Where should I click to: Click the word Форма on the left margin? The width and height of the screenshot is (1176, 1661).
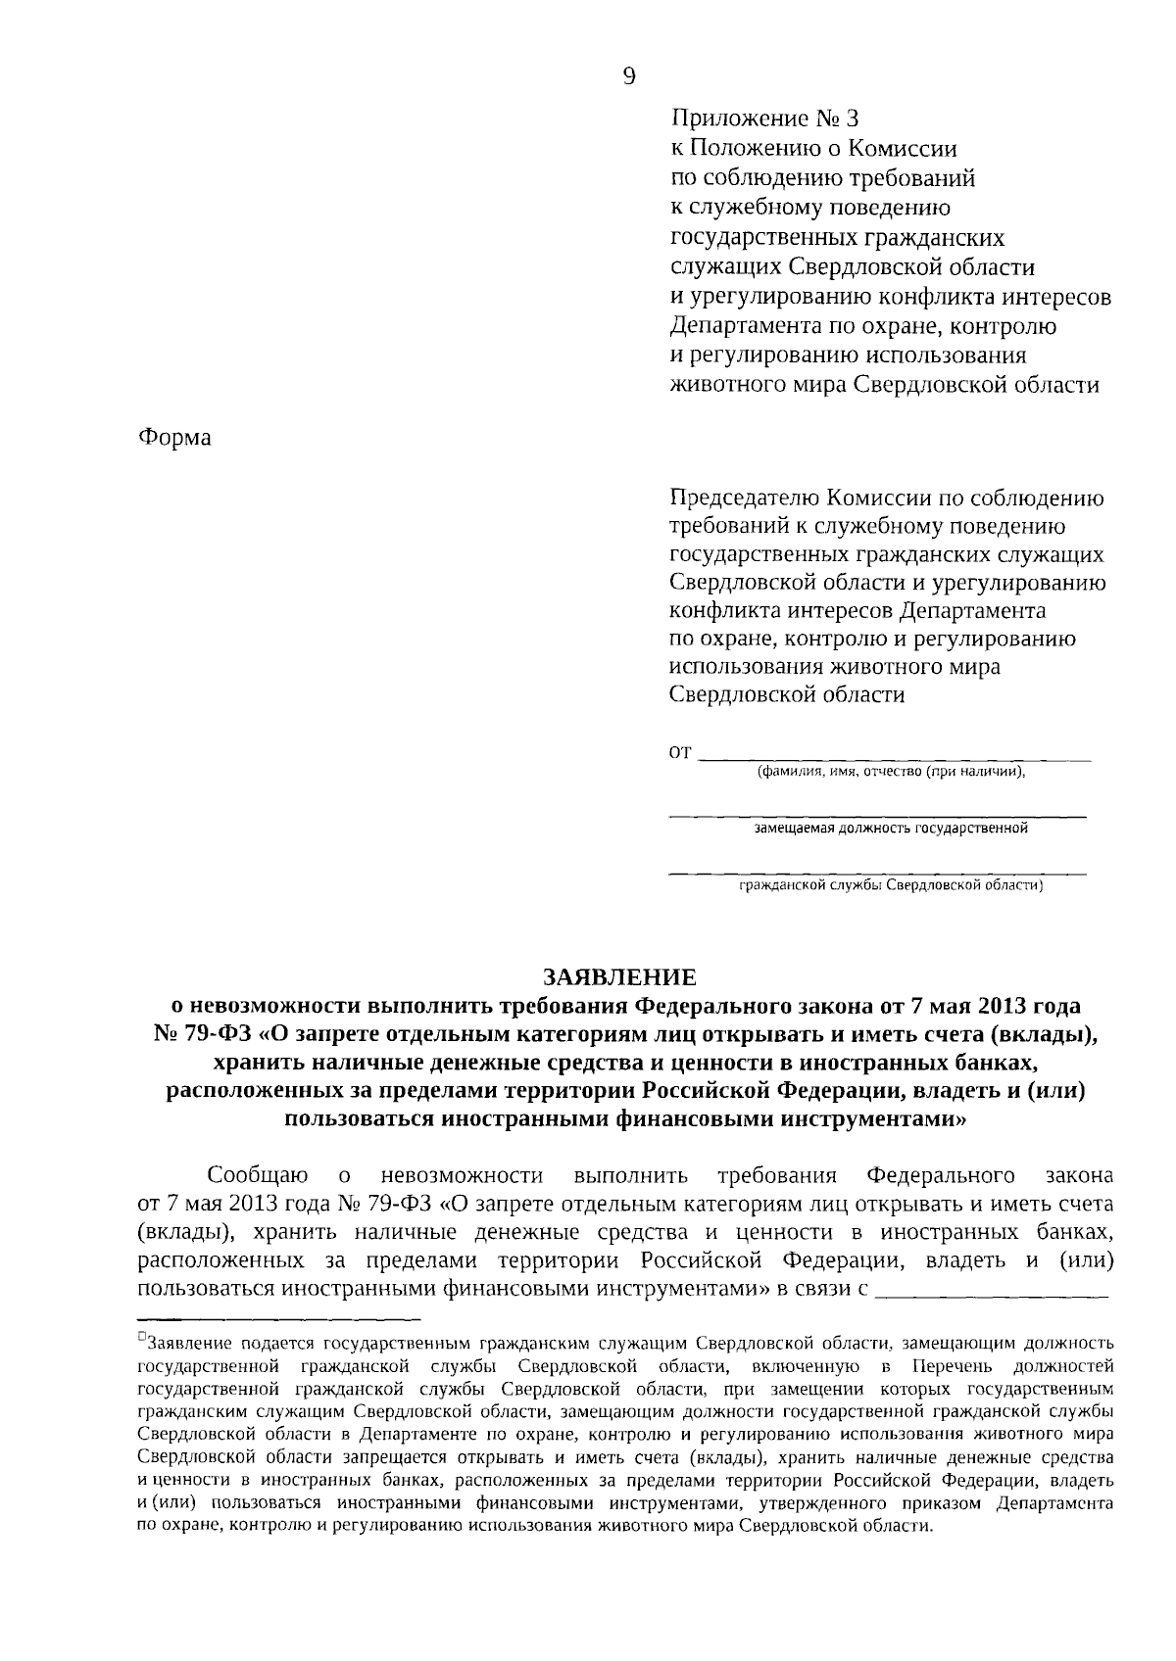tap(174, 437)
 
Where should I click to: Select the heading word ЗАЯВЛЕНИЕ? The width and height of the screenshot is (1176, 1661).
tap(620, 977)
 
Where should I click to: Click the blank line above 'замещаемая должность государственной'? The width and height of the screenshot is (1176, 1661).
tap(878, 815)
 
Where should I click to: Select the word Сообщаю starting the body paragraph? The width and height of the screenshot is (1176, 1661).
tap(259, 1175)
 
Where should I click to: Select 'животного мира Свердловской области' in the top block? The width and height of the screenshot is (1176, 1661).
tap(884, 385)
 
